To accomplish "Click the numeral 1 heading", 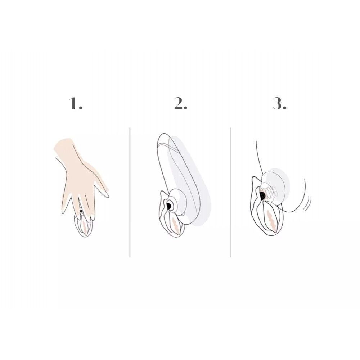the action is [x=73, y=103].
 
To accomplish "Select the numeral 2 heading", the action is [x=178, y=103].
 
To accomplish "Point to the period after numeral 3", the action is [x=284, y=108].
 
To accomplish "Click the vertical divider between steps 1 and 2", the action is [x=130, y=192].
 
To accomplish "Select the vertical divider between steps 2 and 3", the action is [x=230, y=192].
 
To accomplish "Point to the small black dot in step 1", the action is [x=81, y=211].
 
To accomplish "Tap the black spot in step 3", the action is [x=262, y=195].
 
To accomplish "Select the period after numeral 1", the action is [x=80, y=108].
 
